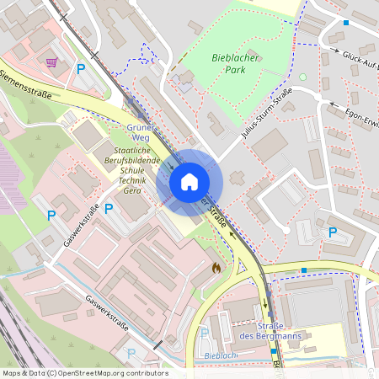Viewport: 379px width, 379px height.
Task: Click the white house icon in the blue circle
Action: coord(189,182)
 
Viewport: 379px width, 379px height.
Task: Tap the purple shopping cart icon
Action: coord(52,61)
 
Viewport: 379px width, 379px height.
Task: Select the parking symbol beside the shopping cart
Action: coord(81,70)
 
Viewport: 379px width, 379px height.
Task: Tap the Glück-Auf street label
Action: coord(360,60)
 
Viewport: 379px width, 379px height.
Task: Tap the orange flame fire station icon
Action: coord(217,268)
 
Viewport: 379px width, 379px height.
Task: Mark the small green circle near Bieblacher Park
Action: coord(303,78)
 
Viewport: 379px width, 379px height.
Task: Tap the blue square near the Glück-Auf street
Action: coord(345,23)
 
